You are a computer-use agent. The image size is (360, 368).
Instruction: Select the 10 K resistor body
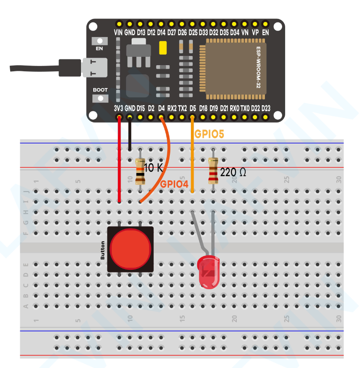[x=140, y=172]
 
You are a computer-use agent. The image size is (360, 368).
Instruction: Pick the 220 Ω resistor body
[x=213, y=172]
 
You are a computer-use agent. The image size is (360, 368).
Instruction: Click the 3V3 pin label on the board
[x=118, y=108]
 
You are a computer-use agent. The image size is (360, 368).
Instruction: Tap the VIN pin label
[x=118, y=33]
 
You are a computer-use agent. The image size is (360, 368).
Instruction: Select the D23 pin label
[x=266, y=108]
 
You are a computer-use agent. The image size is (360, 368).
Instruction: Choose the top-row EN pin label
[x=265, y=33]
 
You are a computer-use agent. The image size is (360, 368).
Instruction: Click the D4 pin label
[x=161, y=108]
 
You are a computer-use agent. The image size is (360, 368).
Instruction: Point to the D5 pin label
[x=192, y=108]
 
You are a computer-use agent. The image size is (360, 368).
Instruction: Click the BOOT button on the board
[x=100, y=97]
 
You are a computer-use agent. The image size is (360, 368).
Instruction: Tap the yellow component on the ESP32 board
[x=163, y=48]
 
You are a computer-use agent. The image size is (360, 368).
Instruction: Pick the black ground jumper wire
[x=129, y=134]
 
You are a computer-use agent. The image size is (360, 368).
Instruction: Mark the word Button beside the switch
[x=103, y=250]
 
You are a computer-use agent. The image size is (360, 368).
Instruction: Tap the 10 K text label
[x=153, y=167]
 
